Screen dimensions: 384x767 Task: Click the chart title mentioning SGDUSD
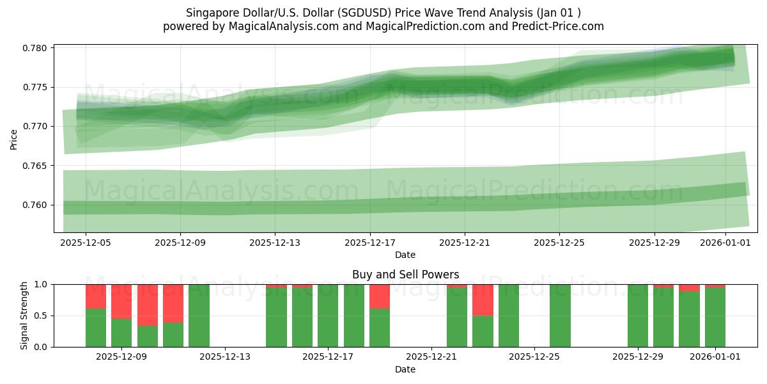click(x=383, y=13)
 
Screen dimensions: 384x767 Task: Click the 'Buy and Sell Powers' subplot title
click(x=405, y=275)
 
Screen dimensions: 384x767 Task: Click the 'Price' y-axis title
click(x=14, y=139)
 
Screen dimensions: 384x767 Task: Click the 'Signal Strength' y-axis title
click(x=24, y=316)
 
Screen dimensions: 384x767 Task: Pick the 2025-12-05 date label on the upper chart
click(x=86, y=243)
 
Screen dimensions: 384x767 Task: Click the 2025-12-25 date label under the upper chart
click(x=559, y=243)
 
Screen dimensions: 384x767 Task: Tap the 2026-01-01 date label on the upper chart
click(x=725, y=243)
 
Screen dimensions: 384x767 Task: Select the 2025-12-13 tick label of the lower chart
click(x=225, y=356)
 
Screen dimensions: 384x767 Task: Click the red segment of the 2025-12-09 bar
click(x=121, y=301)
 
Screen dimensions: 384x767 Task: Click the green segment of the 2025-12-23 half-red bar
click(x=483, y=331)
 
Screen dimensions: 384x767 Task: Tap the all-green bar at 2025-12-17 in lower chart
click(x=328, y=316)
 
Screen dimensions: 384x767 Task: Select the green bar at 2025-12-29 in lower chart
click(x=637, y=316)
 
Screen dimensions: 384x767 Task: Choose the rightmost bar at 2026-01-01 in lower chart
click(x=715, y=317)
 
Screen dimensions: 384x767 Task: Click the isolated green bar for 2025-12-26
click(x=560, y=316)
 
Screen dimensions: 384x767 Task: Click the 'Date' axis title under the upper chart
click(x=405, y=255)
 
